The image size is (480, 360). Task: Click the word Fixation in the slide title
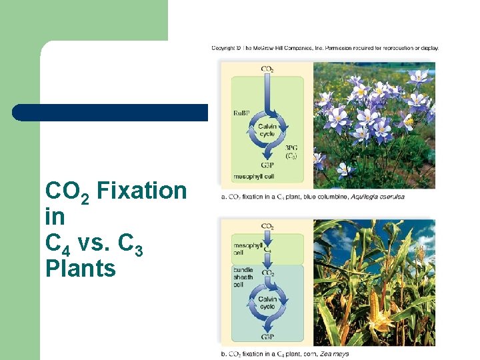point(142,191)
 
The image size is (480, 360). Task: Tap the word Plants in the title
point(81,269)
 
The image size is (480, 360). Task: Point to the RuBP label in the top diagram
point(241,113)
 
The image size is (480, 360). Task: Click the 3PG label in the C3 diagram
point(291,151)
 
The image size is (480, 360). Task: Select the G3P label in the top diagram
point(267,165)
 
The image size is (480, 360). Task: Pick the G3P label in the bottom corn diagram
point(267,337)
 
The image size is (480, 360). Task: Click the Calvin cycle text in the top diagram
point(267,130)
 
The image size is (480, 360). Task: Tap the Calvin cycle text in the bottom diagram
point(267,303)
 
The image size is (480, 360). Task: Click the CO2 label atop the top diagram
point(267,69)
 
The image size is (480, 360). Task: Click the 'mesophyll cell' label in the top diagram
point(253,177)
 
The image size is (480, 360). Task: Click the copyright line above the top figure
point(325,48)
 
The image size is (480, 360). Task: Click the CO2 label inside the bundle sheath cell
point(267,273)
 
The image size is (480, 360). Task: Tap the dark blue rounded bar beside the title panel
point(110,113)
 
